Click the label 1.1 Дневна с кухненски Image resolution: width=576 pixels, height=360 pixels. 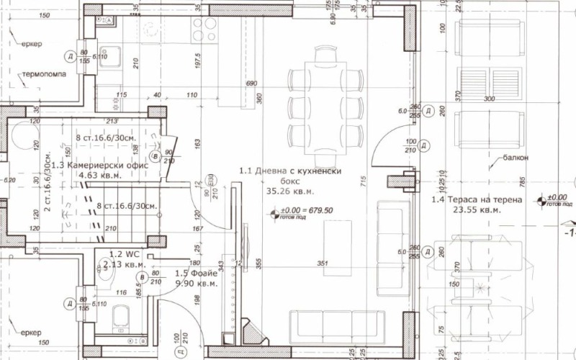coord(290,171)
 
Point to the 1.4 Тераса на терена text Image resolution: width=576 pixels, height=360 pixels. coord(476,201)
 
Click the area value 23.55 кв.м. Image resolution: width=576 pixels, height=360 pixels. coord(476,212)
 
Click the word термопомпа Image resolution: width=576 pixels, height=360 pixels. coord(45,74)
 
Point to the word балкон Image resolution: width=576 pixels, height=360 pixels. coord(517,156)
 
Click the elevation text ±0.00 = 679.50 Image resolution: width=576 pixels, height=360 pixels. coord(307,211)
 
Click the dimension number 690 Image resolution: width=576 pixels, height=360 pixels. coord(251,84)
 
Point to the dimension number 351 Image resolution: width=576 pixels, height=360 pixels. coord(323,264)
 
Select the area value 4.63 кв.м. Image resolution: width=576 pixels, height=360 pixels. coord(98,174)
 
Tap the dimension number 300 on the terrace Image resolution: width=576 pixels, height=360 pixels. coord(490,99)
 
